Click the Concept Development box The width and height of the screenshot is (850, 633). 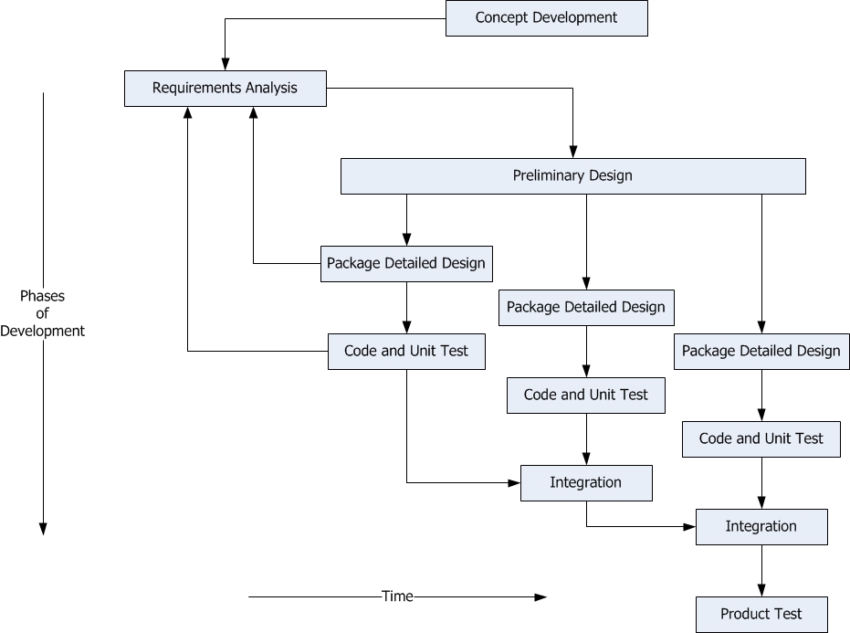tap(546, 18)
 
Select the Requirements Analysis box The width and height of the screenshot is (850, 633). tap(226, 89)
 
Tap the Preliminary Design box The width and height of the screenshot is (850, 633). tap(573, 176)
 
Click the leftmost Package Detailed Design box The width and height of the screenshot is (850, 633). tap(406, 264)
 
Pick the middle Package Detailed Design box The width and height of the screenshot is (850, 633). tap(586, 308)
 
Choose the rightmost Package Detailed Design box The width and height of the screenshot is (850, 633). tap(761, 352)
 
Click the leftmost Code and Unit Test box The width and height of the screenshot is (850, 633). tap(406, 352)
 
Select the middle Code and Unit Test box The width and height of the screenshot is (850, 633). tap(586, 396)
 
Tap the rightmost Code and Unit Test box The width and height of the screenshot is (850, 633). tap(761, 439)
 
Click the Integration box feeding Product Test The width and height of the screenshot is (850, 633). tap(761, 527)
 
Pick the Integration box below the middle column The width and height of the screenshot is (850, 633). tap(586, 483)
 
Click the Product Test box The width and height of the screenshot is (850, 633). tap(761, 615)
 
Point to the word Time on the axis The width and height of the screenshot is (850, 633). tap(397, 596)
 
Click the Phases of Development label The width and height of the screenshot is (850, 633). tap(42, 313)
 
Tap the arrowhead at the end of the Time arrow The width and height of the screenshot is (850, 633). tap(540, 597)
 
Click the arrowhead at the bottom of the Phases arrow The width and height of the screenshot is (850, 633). tap(44, 529)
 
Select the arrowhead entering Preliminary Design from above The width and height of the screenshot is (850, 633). tap(573, 152)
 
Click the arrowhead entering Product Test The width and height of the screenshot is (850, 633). tap(761, 590)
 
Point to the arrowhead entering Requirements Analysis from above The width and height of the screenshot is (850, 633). tap(226, 64)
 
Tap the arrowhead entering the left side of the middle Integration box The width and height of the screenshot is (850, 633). tap(514, 483)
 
